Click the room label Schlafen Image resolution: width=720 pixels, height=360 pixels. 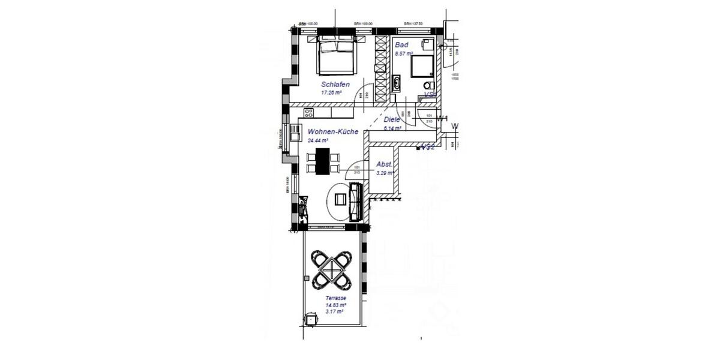(335, 85)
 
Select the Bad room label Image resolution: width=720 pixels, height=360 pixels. (401, 45)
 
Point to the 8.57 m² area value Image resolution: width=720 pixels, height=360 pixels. (404, 53)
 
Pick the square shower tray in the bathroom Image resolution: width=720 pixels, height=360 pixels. (422, 67)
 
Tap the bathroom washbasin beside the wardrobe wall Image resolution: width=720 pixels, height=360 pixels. (396, 84)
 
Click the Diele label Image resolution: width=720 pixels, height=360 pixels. (392, 119)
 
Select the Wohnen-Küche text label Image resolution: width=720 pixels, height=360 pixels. (333, 131)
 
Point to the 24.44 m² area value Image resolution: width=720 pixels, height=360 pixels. (318, 140)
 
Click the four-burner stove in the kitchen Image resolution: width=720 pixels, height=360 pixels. (309, 112)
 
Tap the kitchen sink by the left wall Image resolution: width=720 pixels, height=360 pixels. (294, 131)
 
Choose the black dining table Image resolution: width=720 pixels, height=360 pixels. (322, 161)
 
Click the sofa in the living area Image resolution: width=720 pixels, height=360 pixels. (355, 202)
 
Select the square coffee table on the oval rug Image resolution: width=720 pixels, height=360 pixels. (340, 200)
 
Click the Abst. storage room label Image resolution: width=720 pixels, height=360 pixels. (384, 164)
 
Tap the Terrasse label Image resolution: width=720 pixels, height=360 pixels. (335, 298)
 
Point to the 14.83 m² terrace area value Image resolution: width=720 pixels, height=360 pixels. (335, 305)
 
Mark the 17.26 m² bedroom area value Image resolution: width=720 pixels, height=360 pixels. (331, 93)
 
